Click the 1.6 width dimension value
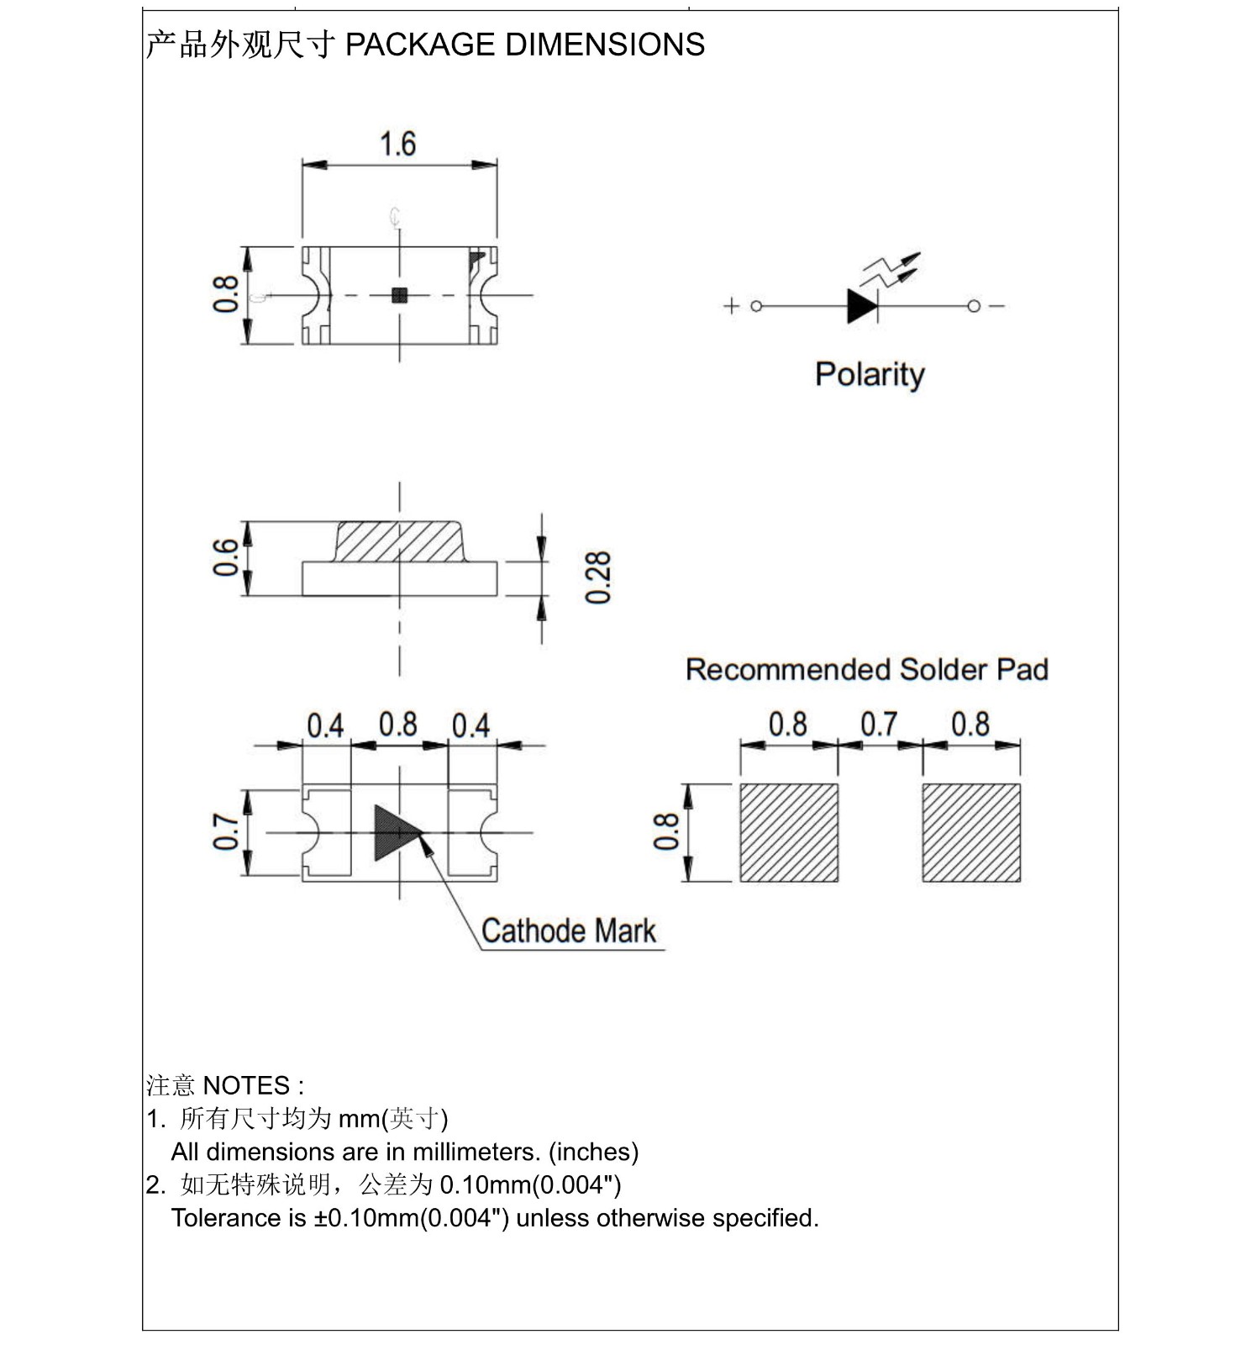click(x=397, y=144)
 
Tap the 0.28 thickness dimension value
click(x=598, y=578)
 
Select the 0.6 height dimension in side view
click(x=226, y=557)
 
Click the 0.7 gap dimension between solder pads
click(x=879, y=724)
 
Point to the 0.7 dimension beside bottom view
click(x=226, y=831)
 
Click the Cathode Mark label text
click(x=569, y=931)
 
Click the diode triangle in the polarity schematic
click(x=861, y=306)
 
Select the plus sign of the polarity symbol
click(x=731, y=306)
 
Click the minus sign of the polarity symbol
click(x=997, y=306)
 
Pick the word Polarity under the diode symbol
click(x=870, y=374)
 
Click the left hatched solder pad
click(x=788, y=832)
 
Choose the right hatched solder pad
click(x=970, y=832)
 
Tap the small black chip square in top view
click(x=400, y=294)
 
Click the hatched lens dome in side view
click(x=399, y=541)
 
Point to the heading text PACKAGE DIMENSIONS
click(x=525, y=45)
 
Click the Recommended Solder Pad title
click(x=866, y=669)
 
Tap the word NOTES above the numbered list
click(x=246, y=1085)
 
